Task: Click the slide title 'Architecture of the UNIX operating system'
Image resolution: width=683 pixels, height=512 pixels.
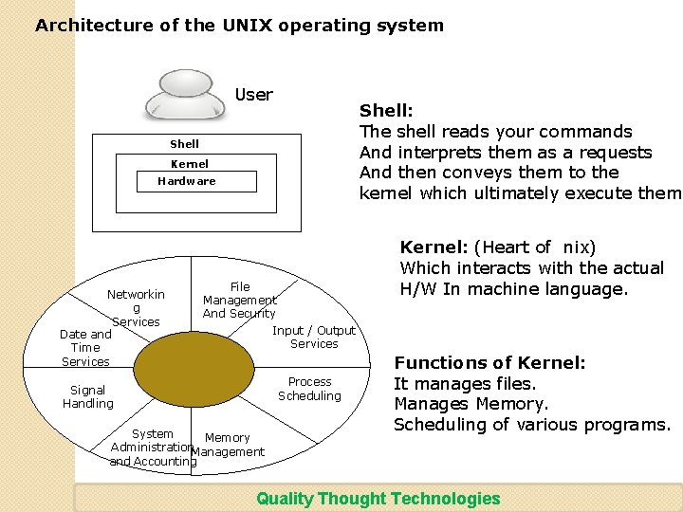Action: coord(239,26)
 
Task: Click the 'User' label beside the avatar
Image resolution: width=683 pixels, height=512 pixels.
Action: coord(253,95)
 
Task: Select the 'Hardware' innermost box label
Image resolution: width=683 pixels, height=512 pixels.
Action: coord(186,181)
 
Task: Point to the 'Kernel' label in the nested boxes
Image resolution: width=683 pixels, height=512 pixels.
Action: coord(189,164)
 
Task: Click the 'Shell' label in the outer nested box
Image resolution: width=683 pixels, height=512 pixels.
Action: coord(184,144)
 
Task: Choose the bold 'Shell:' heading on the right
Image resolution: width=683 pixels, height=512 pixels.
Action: coord(385,112)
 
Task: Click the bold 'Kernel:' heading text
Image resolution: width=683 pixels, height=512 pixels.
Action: coord(434,247)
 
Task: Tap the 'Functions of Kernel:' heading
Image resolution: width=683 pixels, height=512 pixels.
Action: coord(489,363)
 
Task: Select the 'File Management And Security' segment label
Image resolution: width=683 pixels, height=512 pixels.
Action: coord(240,300)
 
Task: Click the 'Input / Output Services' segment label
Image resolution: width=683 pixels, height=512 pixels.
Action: coord(313,337)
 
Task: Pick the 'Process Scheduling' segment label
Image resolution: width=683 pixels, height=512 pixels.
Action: coord(309,389)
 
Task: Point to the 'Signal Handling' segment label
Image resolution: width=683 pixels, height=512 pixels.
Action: coord(88,396)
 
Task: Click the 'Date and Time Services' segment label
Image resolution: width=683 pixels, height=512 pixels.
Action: coord(85,347)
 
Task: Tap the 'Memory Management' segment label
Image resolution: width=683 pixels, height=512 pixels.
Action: coord(228,445)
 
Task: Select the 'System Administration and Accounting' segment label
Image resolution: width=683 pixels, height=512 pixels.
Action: coord(152,448)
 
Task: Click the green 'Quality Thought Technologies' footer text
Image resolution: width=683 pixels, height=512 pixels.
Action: coord(378,499)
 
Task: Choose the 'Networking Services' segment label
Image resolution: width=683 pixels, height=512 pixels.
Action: coord(136,308)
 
